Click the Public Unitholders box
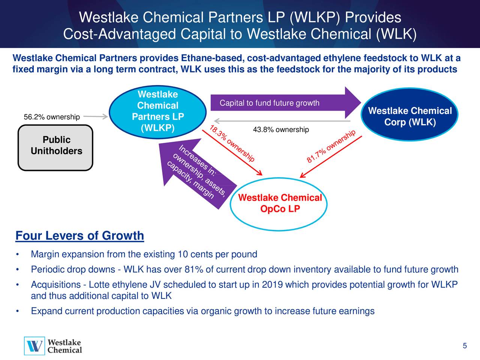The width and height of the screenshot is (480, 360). click(55, 148)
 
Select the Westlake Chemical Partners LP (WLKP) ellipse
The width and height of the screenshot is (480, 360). click(157, 112)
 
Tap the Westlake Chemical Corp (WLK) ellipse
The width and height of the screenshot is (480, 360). click(409, 114)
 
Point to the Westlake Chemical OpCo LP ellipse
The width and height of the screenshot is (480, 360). click(279, 204)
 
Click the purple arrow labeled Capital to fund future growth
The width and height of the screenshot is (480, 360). click(286, 102)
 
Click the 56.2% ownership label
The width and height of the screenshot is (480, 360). click(52, 117)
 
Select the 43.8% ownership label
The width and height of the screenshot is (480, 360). click(281, 130)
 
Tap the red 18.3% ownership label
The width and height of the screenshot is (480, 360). click(232, 143)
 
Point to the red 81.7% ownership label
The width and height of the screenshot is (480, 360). click(331, 146)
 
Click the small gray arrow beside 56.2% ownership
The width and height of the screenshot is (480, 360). click(96, 117)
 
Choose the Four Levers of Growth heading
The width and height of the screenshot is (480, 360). click(79, 235)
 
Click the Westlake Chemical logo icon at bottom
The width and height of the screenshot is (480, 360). click(34, 346)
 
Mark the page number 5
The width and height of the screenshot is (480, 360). click(465, 346)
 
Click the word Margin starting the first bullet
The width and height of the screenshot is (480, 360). click(45, 254)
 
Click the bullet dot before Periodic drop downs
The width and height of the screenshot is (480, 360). click(18, 270)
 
